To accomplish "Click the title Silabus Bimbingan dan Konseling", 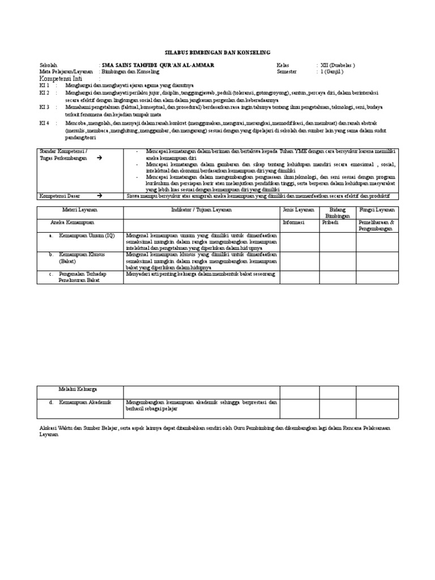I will click(x=217, y=51).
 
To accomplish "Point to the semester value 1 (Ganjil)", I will click(x=332, y=72).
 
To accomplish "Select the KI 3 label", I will click(x=44, y=106).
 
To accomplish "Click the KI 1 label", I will click(x=44, y=85).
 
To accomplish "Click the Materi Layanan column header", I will click(x=80, y=210).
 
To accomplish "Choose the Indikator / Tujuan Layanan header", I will click(x=201, y=210).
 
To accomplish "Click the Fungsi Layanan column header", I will click(x=377, y=210).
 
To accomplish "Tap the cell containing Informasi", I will click(x=293, y=223).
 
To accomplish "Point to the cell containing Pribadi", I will click(x=330, y=223).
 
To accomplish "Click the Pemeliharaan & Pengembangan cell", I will click(x=376, y=226).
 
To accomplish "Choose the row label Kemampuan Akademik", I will click(x=86, y=402).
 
